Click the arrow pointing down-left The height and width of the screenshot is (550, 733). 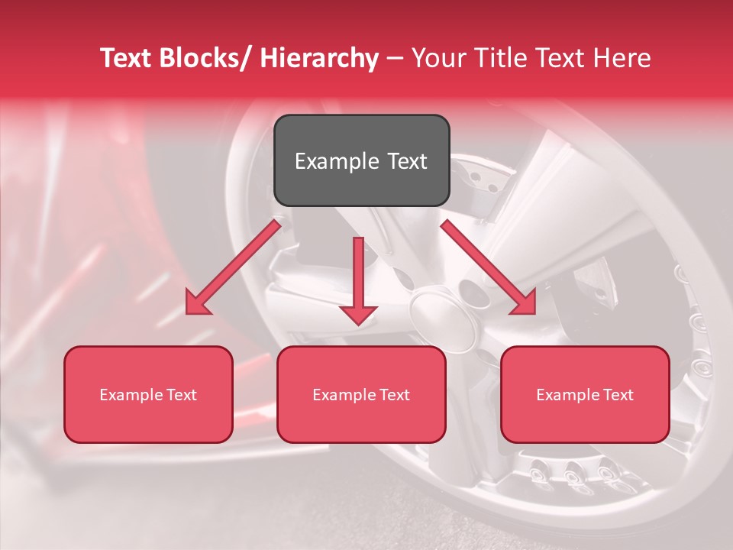tap(232, 267)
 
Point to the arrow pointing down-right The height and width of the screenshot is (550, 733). tap(488, 267)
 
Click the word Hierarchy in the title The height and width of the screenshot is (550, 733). tap(319, 59)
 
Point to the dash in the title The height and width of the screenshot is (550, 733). tap(395, 59)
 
